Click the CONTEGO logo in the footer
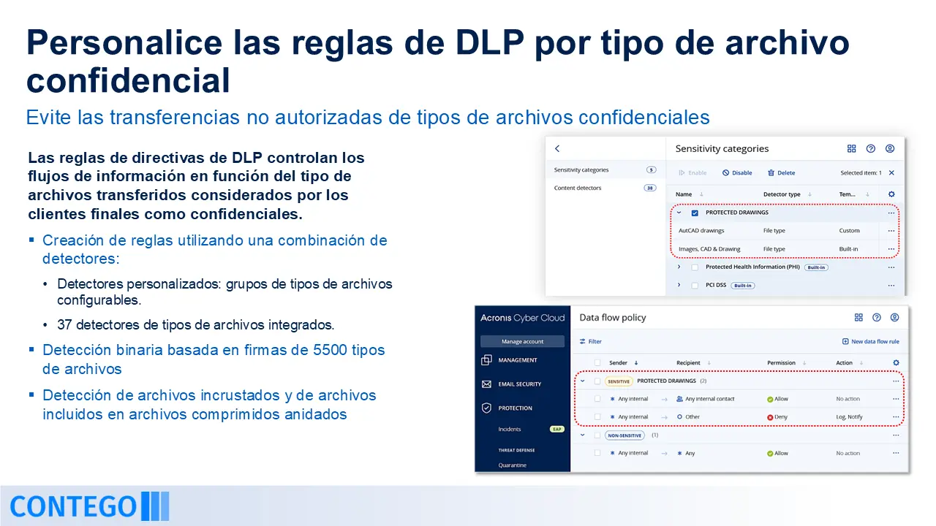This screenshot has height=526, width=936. (89, 506)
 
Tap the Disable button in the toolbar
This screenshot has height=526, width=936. (737, 173)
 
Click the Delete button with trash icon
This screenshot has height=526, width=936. (782, 173)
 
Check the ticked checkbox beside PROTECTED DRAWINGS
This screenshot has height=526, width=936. (695, 213)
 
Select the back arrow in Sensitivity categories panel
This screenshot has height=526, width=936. (557, 148)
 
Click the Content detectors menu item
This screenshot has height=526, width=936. (578, 188)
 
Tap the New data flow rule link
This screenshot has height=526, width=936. (870, 341)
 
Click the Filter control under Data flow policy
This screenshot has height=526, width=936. (590, 341)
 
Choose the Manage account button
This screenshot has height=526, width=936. (522, 341)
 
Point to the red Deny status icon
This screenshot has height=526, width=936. (770, 417)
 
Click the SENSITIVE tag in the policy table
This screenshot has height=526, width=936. (619, 381)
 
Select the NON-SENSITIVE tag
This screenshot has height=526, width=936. (624, 435)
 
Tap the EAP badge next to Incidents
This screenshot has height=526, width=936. (557, 429)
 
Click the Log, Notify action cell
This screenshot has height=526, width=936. (849, 417)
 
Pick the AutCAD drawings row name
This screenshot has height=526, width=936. (701, 230)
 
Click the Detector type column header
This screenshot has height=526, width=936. (782, 194)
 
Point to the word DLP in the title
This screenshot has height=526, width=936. (489, 42)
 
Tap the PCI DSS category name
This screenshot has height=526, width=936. (716, 285)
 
